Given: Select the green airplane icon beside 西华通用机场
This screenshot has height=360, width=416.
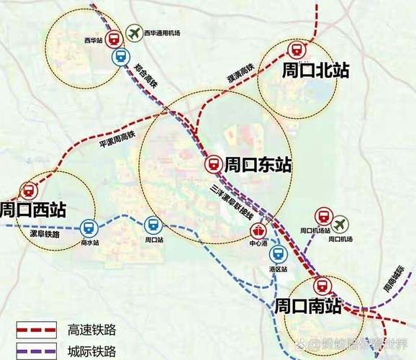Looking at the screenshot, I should (x=133, y=32).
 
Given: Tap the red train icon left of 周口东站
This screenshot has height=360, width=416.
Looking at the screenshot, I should (x=213, y=165).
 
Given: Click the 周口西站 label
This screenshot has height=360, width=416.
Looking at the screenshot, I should (x=32, y=210).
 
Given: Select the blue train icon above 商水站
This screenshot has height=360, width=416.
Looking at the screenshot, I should (x=89, y=228).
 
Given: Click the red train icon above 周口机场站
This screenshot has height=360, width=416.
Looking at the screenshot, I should (x=322, y=216).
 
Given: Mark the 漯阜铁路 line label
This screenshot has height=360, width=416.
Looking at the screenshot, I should (x=45, y=235).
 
